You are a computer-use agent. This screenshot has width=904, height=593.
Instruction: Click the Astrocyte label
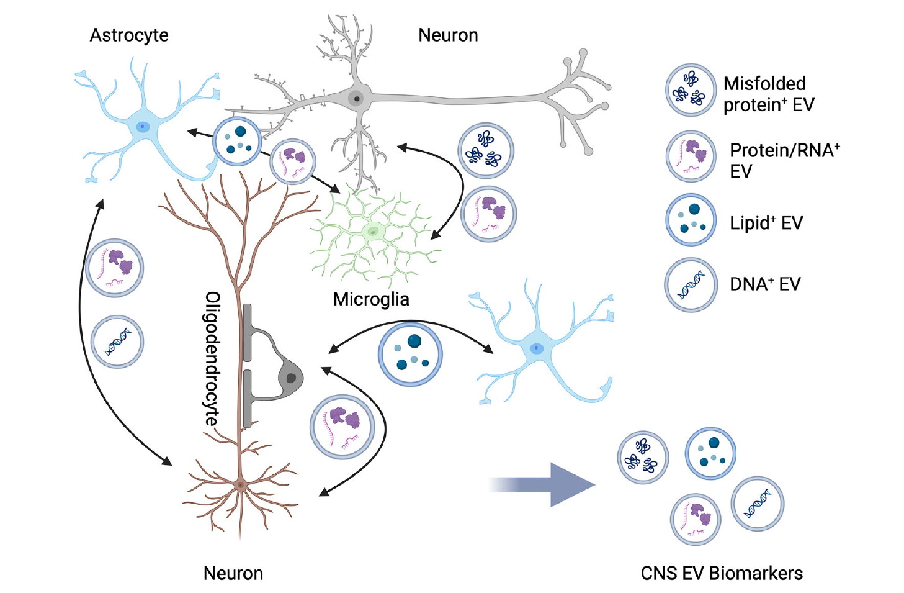pos(128,35)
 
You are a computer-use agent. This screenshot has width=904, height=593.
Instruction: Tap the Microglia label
pos(371,299)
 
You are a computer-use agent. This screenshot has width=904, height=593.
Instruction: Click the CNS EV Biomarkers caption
pos(722,573)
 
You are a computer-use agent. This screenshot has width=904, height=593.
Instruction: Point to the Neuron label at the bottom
pos(233,573)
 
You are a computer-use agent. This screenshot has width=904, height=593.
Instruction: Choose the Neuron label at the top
pos(448,35)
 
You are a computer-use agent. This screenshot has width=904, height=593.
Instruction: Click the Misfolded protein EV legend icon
pos(690,90)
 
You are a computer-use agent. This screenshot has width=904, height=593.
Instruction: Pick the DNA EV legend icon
pos(691,285)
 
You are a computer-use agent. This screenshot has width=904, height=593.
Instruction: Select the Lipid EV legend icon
pos(691,220)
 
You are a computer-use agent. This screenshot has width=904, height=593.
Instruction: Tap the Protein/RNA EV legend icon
pos(691,156)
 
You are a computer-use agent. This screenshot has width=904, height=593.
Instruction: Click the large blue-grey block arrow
pos(542,484)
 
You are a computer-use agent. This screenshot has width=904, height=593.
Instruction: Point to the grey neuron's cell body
pos(356,97)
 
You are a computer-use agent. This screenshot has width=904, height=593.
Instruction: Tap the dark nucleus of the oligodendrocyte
pos(290,378)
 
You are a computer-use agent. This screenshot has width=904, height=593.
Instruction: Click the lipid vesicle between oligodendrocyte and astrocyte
pos(410,355)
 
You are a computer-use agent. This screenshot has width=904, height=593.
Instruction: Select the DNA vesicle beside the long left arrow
pos(117,342)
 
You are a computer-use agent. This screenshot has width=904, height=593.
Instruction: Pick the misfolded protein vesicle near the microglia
pos(486,151)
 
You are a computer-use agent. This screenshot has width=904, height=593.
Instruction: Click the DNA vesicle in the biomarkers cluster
pos(758,504)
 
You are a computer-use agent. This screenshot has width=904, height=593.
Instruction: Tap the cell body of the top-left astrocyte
pos(142,127)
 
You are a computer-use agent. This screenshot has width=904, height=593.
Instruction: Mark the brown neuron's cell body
pos(241,485)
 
